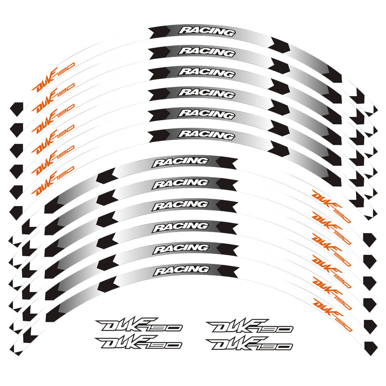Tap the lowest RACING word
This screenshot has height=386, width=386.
(181, 270)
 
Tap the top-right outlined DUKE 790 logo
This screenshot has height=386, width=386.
(249, 327)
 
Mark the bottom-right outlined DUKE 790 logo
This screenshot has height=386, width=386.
(249, 343)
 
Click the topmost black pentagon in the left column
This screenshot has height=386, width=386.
(17, 108)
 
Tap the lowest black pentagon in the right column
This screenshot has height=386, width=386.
(370, 345)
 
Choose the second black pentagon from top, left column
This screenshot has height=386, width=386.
(17, 128)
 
